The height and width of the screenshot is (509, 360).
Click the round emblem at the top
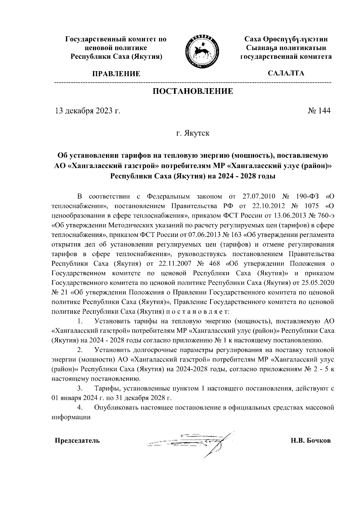[x=202, y=49]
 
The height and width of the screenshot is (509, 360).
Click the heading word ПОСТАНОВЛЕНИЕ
[x=193, y=91]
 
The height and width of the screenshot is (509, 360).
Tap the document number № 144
[x=319, y=111]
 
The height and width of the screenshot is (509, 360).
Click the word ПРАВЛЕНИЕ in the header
[x=116, y=74]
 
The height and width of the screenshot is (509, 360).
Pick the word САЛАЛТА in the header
[x=286, y=73]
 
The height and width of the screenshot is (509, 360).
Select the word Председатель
[x=77, y=441]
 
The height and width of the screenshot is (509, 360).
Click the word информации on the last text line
[x=71, y=417]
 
